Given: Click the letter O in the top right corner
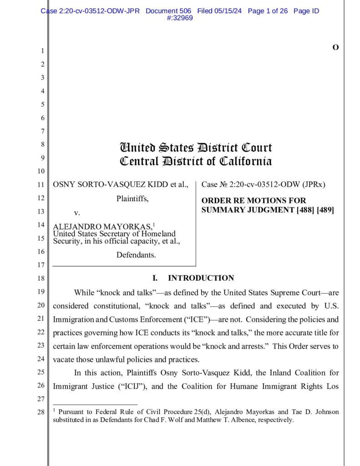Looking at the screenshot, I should point(335,47).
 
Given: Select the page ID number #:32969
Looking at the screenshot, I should point(180,18).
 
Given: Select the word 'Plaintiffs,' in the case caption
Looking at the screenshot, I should point(132,198).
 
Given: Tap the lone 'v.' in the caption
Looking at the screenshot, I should point(77,213).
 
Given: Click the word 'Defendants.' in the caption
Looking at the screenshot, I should point(136,255).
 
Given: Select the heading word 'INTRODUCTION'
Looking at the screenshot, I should point(201,278).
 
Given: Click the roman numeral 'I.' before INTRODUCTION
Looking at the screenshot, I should point(155,278).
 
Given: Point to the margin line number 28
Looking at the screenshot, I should point(41,413).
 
